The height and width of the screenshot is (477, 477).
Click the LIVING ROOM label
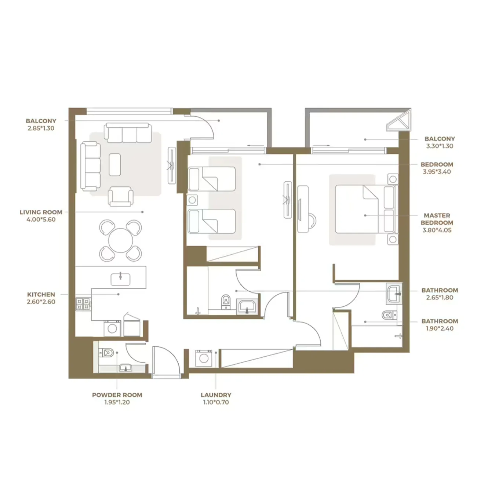41,212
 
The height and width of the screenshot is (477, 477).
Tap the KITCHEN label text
41,294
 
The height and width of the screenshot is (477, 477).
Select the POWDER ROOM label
117,395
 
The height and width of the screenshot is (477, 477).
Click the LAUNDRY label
216,395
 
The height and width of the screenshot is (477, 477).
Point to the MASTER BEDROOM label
437,219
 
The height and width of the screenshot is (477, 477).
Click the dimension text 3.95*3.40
437,172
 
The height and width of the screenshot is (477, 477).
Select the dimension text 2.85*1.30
41,128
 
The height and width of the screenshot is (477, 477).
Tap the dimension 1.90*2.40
440,328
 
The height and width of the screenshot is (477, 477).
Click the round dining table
121,240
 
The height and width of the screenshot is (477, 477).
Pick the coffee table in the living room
115,164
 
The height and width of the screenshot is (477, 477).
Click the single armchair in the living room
120,196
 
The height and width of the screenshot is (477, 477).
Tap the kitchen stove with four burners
83,304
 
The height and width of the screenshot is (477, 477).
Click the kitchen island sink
120,279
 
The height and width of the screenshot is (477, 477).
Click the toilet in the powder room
106,353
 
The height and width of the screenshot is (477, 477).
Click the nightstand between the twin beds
192,200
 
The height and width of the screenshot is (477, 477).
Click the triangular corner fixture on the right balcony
400,121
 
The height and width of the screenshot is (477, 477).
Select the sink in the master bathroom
394,293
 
